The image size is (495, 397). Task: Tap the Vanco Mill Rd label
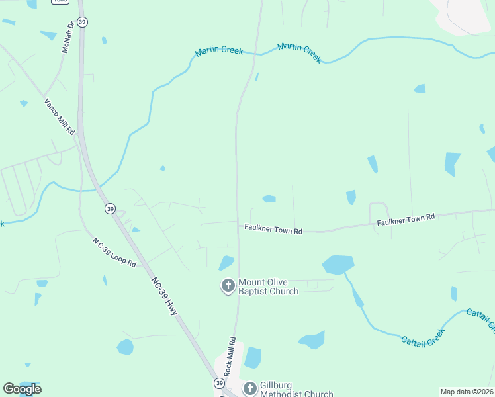coord(60,117)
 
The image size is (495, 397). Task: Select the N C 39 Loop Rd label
coord(114,251)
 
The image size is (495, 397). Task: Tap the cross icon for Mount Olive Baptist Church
coord(228,286)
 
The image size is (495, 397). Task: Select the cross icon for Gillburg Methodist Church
coord(249,388)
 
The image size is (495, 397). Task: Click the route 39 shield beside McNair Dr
coord(82,22)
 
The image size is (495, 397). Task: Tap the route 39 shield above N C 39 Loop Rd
coord(109,208)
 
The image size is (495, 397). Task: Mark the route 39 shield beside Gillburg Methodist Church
coord(219,383)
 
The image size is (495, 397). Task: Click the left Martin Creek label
coord(219,52)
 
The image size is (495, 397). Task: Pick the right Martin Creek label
coord(299,52)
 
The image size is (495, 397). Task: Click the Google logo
coord(22,389)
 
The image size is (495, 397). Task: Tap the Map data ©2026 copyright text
coord(466,392)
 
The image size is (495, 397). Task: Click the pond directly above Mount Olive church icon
coord(226,263)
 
